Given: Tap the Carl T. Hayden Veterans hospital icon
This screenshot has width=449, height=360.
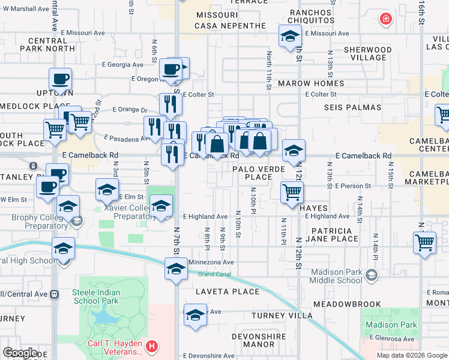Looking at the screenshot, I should (152, 346).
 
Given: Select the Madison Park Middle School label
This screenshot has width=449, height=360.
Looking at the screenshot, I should (336, 277).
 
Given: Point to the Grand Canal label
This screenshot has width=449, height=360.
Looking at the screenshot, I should (215, 274).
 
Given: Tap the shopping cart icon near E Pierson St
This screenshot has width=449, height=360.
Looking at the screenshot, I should (292, 193).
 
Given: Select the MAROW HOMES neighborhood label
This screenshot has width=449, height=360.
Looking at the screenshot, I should (319, 83).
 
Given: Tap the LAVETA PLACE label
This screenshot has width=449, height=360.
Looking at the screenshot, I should (228, 292).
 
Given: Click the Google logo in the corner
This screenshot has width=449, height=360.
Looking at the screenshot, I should (19, 353).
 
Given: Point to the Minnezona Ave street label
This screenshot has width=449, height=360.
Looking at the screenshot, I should (211, 262).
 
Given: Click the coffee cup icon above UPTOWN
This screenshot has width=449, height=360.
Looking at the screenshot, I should (60, 78).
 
